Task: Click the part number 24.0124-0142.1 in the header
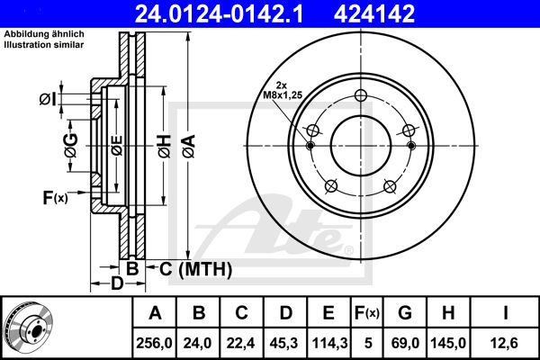tap(219, 14)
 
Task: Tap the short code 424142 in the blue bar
tap(374, 14)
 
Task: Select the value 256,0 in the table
tap(154, 343)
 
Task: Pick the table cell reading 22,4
tap(240, 343)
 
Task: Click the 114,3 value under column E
tap(329, 343)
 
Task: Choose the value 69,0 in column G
tap(405, 343)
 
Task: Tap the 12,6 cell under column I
tap(505, 343)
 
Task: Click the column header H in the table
tap(448, 313)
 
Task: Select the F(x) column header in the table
tap(367, 313)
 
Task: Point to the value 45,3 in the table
tap(284, 343)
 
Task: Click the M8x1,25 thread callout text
tap(283, 95)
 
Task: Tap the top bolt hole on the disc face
tap(361, 95)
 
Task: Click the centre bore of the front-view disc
tap(361, 146)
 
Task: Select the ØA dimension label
tap(189, 146)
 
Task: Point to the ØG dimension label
tap(71, 146)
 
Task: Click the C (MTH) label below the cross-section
tap(195, 269)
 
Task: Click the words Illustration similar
tap(44, 45)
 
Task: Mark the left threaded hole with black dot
tap(310, 146)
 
